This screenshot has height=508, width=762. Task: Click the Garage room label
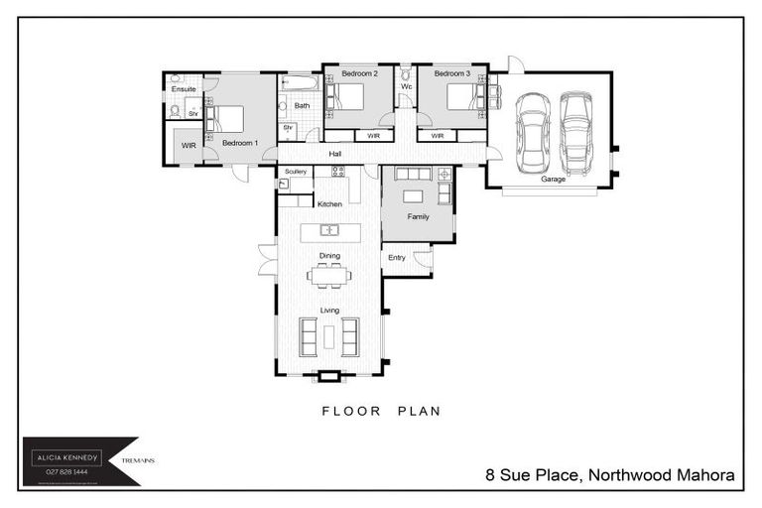[x=553, y=180]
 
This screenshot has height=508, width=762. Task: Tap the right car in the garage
[x=575, y=132]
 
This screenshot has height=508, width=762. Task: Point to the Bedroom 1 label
[x=239, y=143]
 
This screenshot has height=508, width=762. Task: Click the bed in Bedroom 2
[x=348, y=97]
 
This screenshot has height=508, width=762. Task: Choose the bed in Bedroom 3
[x=464, y=97]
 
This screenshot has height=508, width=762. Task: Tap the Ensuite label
[x=184, y=89]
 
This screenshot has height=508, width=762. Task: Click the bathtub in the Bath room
[x=299, y=83]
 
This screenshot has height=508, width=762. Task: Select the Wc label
[x=406, y=86]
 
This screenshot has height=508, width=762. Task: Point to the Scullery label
[x=296, y=172]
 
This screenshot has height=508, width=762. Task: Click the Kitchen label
[x=329, y=203]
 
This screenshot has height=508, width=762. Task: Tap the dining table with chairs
[x=328, y=276]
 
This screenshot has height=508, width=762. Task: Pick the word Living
[x=329, y=310]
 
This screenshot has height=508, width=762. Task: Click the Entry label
[x=397, y=258]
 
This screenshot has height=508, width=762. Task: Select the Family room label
[x=418, y=215]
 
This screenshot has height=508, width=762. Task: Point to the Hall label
[x=335, y=154]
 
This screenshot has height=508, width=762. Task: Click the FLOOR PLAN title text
[x=380, y=410]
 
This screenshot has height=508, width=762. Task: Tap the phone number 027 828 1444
[x=66, y=471]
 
